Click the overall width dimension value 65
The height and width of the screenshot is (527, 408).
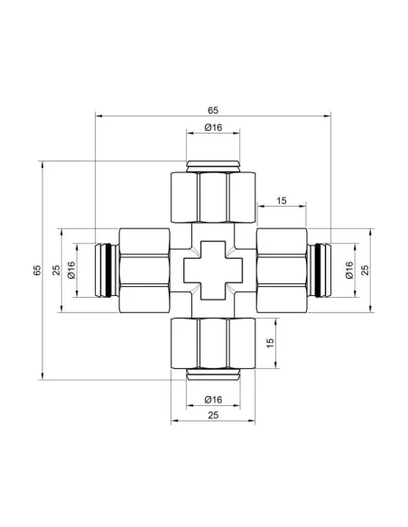click(x=213, y=109)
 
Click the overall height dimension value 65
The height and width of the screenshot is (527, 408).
click(x=36, y=270)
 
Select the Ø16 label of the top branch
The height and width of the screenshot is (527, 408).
click(x=213, y=127)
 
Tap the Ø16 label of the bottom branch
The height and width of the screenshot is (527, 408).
click(x=213, y=400)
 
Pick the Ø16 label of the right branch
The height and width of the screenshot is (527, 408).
click(x=348, y=270)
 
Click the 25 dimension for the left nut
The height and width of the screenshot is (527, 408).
click(x=55, y=270)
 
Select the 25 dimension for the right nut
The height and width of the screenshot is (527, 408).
click(x=366, y=270)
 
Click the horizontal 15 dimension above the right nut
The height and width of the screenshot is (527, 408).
click(x=282, y=200)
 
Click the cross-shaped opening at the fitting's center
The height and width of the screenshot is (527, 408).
click(x=213, y=271)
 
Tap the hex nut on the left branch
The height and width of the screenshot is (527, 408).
click(x=143, y=271)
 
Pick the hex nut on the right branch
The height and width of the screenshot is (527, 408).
click(x=283, y=271)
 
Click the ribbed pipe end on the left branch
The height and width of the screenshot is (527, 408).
click(x=106, y=271)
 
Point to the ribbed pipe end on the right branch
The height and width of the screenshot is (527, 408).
click(x=320, y=271)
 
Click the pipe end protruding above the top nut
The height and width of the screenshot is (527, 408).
click(x=213, y=165)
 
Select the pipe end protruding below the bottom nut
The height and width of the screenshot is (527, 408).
click(x=213, y=374)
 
